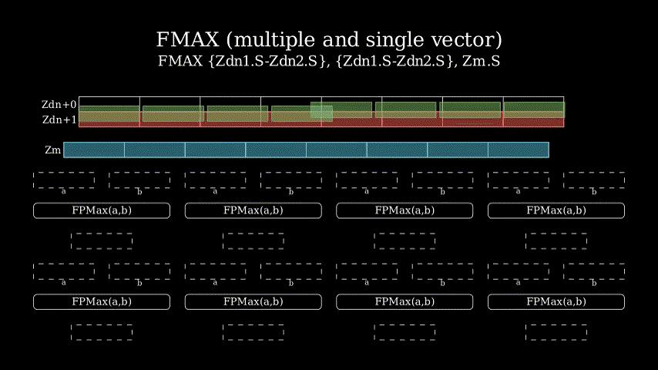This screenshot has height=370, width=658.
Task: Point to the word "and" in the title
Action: pos(341,40)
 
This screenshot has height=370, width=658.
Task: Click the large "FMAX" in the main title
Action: pos(187,40)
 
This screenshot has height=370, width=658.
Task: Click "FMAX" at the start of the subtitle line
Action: pos(180,62)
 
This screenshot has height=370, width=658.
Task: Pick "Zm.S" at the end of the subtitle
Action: pos(481,62)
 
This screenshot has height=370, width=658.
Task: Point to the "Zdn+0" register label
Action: pos(59,105)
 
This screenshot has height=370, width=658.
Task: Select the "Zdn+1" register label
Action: pos(59,119)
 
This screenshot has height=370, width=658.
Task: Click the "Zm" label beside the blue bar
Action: pos(53,150)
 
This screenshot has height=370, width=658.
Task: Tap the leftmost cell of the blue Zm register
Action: pos(94,150)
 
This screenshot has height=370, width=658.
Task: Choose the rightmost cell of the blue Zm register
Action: pos(519,150)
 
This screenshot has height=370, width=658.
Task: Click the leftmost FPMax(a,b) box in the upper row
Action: pos(102,210)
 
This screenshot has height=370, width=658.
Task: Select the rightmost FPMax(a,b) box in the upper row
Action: pos(556,210)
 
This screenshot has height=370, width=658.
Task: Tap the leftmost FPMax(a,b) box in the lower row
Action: pos(102,301)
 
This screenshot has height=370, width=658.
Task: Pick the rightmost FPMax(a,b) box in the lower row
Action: pos(556,301)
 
